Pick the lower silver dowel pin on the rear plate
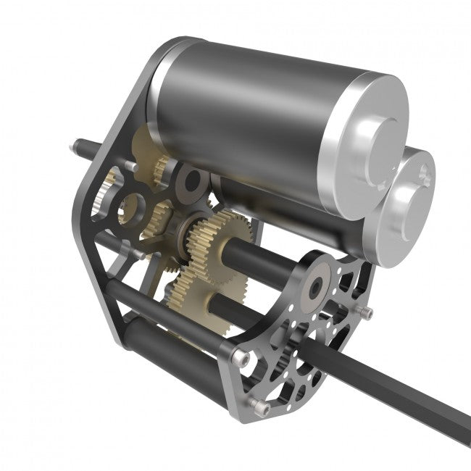[134, 254]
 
